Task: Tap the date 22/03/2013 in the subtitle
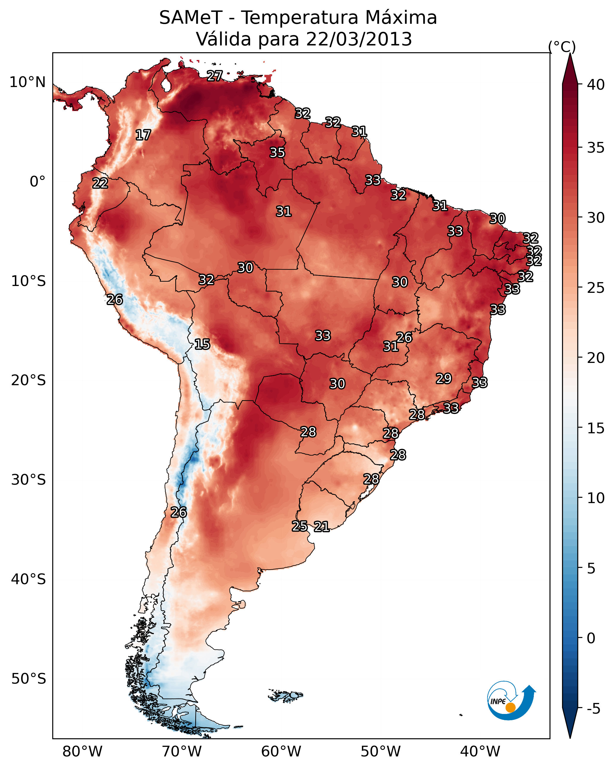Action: click(359, 39)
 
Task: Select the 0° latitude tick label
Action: click(38, 182)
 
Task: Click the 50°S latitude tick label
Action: click(29, 679)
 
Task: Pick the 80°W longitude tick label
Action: click(82, 752)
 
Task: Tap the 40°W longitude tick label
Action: click(480, 752)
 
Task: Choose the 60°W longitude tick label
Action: click(281, 752)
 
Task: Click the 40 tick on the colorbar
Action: click(596, 85)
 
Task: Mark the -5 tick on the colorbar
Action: click(594, 709)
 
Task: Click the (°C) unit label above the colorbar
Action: click(562, 47)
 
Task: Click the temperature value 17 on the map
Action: click(143, 135)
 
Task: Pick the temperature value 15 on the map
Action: click(202, 344)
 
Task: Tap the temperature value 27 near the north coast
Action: click(215, 76)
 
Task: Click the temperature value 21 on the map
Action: click(321, 527)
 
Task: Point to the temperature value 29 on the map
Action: click(444, 378)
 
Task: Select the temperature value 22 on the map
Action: click(100, 183)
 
